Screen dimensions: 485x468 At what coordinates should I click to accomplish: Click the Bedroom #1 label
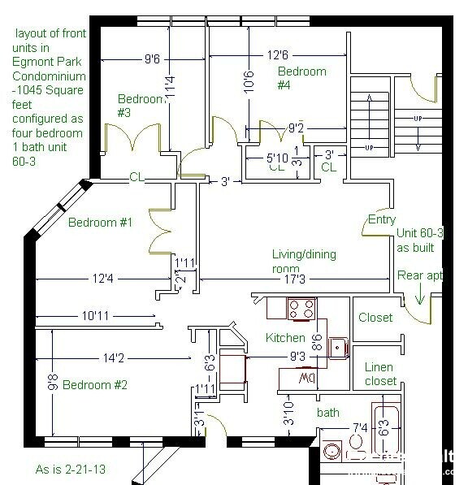(x=101, y=222)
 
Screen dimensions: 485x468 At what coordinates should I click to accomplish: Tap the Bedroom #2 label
(x=95, y=384)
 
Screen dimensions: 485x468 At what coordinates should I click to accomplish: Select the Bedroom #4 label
(x=301, y=78)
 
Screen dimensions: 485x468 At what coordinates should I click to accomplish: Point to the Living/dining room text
(x=302, y=261)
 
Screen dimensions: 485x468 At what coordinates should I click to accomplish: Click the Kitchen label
(x=285, y=337)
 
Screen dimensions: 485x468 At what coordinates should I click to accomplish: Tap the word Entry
(x=382, y=219)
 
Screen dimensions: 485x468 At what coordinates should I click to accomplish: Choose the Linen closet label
(x=380, y=374)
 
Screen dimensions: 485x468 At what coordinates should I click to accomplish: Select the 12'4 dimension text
(x=102, y=279)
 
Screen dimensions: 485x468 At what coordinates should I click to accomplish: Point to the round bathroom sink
(x=332, y=453)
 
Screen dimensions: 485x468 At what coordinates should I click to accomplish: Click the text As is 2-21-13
(x=71, y=469)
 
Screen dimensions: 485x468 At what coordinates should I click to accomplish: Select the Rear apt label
(x=419, y=275)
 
